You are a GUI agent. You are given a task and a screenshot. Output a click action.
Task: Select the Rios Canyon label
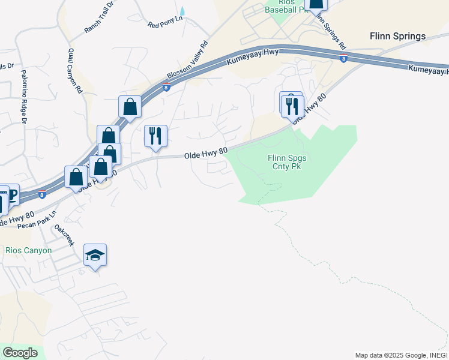[x=28, y=250]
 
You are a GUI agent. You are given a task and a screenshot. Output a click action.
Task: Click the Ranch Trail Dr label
[x=99, y=18]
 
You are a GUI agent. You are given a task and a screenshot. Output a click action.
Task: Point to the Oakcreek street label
[x=64, y=235]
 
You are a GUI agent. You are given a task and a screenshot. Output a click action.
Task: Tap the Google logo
[x=20, y=353]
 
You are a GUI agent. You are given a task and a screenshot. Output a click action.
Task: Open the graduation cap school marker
[x=95, y=256]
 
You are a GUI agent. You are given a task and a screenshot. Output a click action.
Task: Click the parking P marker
[x=10, y=194]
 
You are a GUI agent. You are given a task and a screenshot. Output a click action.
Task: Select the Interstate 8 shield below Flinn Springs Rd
[x=343, y=58]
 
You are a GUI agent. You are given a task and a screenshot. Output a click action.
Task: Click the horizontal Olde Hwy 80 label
[x=205, y=154]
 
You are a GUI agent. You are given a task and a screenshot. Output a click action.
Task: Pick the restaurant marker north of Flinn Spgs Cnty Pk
[x=292, y=106]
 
